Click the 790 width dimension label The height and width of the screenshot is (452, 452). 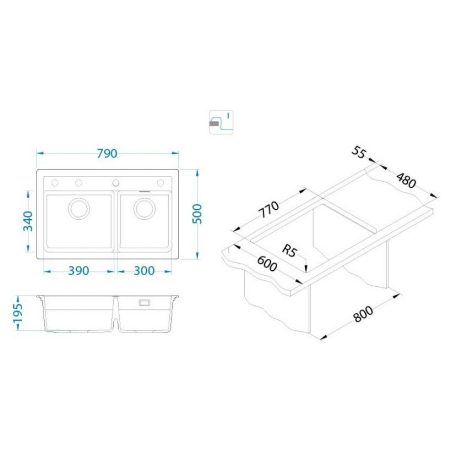point(107,153)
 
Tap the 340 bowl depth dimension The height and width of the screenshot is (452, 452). point(28,221)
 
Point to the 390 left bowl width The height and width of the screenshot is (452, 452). point(79,271)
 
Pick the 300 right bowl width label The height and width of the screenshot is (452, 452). point(143,271)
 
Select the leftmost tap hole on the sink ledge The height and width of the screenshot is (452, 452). point(55,182)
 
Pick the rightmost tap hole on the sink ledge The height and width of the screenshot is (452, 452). point(160,182)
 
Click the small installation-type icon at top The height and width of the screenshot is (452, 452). point(221,122)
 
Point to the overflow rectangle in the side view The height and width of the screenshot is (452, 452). point(144,303)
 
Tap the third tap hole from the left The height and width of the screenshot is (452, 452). point(116,182)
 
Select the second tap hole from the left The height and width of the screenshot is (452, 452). point(79,182)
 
